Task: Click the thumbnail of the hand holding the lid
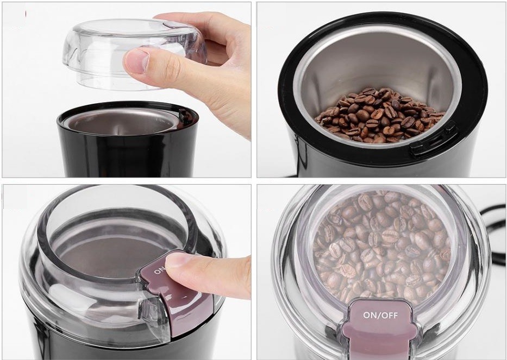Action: [127, 90]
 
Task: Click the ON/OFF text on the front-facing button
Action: [380, 315]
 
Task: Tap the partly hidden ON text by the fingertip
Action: [160, 269]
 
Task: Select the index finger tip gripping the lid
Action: [136, 61]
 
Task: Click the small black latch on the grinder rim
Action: [185, 116]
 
